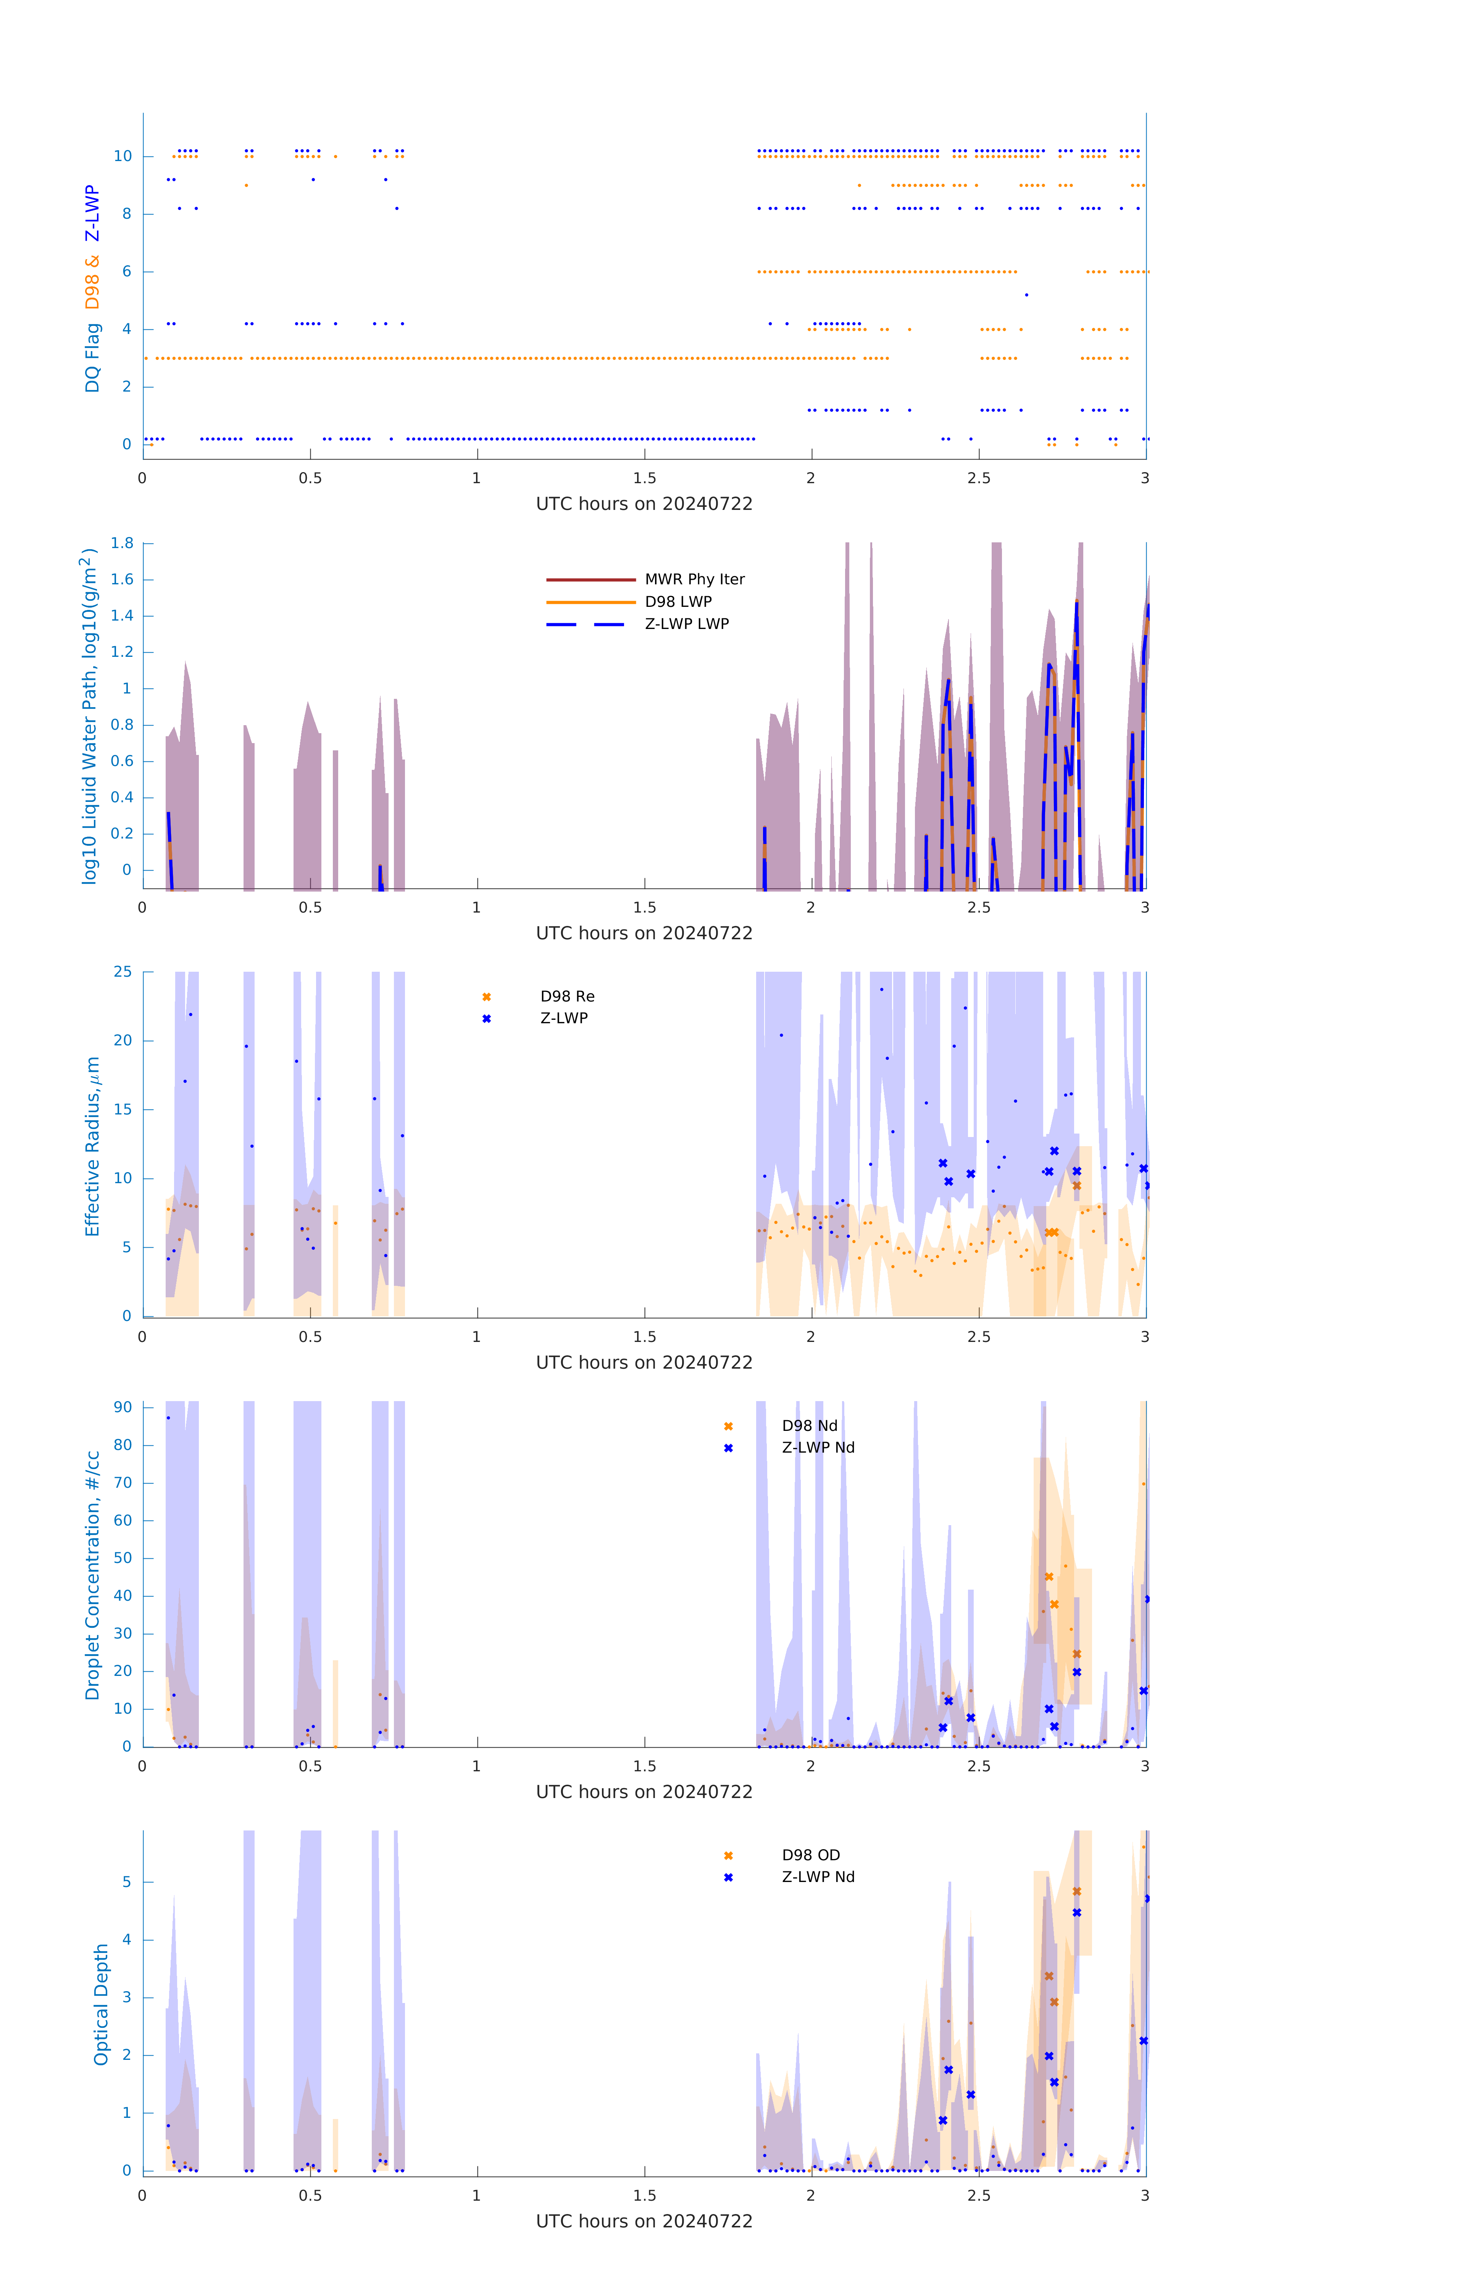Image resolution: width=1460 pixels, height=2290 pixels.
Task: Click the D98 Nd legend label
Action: [810, 1426]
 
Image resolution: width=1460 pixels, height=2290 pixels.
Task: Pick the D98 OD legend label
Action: [810, 1855]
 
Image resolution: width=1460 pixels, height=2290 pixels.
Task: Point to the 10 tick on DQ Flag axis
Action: [123, 156]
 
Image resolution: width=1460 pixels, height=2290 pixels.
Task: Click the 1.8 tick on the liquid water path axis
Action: [122, 543]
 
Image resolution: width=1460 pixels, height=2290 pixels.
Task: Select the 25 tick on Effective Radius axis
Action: [123, 972]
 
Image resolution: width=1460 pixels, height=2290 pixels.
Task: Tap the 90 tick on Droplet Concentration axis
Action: [123, 1408]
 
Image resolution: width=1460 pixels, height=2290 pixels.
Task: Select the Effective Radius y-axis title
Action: [92, 1146]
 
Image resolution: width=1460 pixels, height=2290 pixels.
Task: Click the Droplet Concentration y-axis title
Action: [92, 1575]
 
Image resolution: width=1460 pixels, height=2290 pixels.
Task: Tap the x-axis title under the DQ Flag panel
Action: [644, 504]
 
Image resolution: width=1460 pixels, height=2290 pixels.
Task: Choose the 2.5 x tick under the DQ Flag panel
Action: [979, 478]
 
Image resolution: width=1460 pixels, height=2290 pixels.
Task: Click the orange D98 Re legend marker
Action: [486, 997]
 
